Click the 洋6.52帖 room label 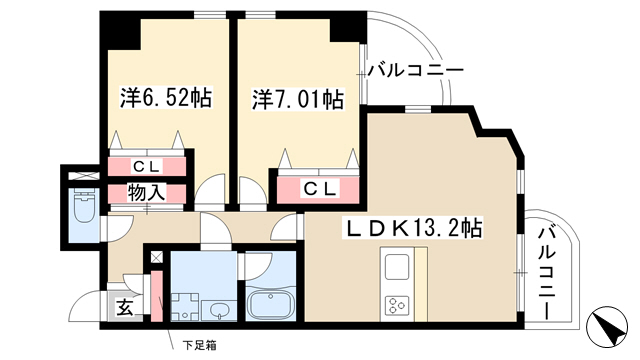(x=166, y=98)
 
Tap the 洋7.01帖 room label (x=298, y=99)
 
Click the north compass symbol (x=606, y=326)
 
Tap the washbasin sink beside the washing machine (x=220, y=311)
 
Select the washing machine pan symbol (x=185, y=307)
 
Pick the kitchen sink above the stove (x=396, y=267)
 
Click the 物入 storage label (x=146, y=193)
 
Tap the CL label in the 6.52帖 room (x=147, y=166)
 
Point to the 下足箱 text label (x=199, y=346)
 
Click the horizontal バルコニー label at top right (x=416, y=71)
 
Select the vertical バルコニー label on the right (x=546, y=274)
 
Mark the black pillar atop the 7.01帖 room (x=348, y=27)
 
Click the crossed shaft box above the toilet (x=83, y=176)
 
